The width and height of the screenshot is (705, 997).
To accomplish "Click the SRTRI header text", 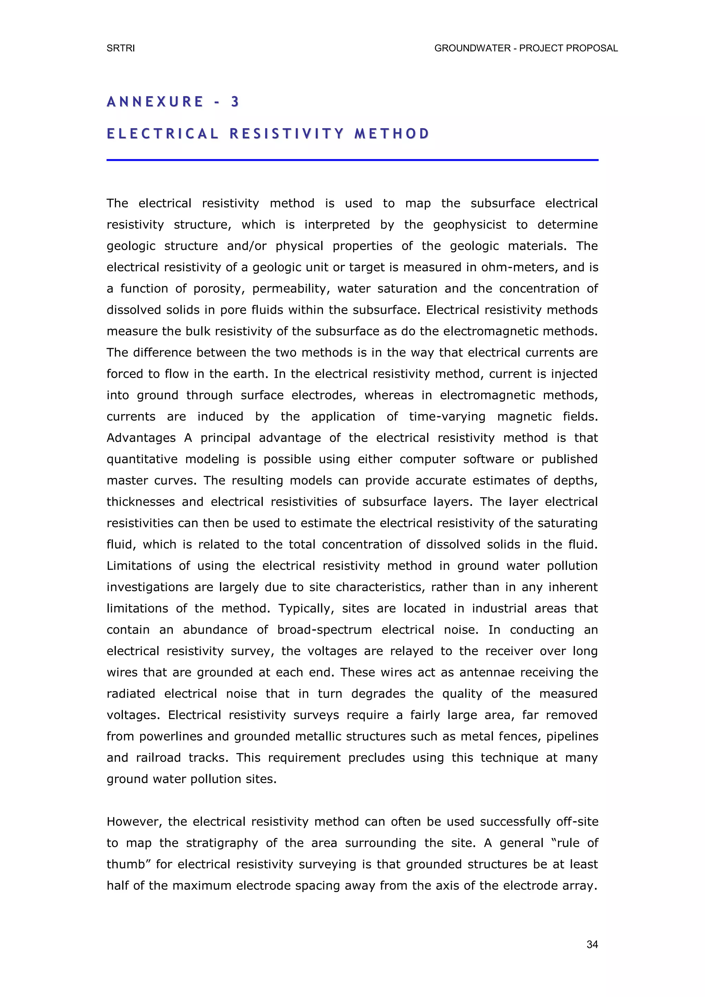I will pos(121,48).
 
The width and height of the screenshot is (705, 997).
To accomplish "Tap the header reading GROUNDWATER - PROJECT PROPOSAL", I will pos(526,48).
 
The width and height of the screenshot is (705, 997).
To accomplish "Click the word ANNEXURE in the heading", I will pos(155,102).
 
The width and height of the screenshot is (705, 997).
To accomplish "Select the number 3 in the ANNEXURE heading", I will pos(235,102).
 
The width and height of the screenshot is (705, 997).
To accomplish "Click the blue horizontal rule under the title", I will pos(352,160).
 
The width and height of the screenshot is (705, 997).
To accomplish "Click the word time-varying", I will pos(447,417).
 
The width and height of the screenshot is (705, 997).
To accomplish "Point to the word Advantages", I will pos(141,438).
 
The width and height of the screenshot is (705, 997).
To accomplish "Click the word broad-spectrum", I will pos(324,630).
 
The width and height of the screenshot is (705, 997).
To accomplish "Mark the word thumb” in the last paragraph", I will pos(128,864).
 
